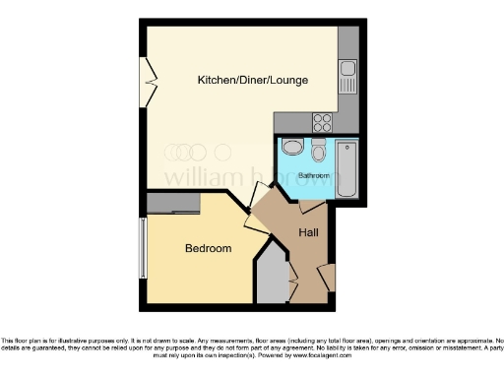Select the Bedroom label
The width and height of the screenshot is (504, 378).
pyautogui.click(x=208, y=248)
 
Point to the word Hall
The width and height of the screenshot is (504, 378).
pyautogui.click(x=306, y=232)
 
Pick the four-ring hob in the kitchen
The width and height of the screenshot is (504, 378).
pyautogui.click(x=322, y=122)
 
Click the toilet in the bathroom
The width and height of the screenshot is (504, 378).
pyautogui.click(x=318, y=153)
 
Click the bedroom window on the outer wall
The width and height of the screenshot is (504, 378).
pyautogui.click(x=145, y=247)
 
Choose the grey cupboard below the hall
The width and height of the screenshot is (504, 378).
pyautogui.click(x=272, y=281)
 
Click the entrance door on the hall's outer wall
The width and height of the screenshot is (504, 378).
pyautogui.click(x=329, y=278)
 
